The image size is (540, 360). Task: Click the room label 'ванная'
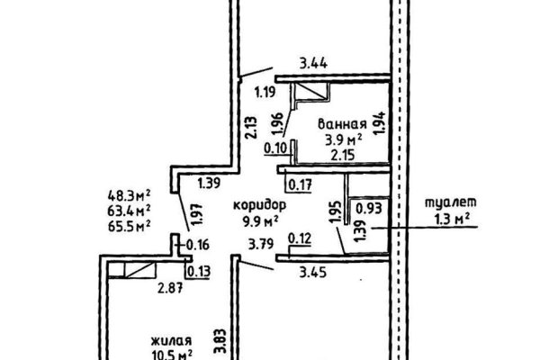[341, 125]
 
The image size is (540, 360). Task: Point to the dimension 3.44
[312, 64]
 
